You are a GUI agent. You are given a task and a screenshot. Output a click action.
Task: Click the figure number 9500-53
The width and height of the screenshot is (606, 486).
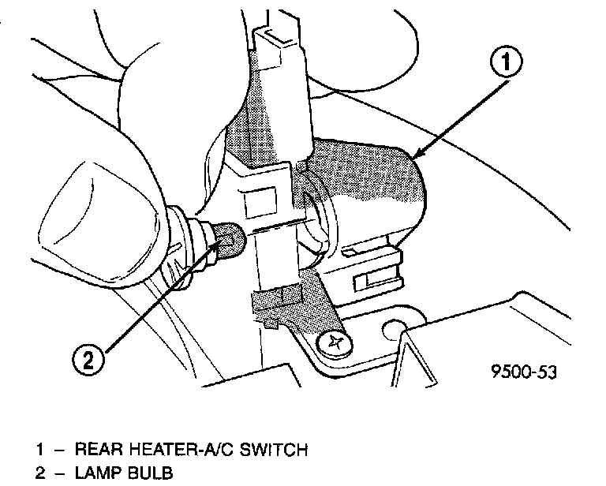(x=522, y=370)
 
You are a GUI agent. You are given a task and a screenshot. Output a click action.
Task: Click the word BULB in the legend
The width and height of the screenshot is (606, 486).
(x=148, y=473)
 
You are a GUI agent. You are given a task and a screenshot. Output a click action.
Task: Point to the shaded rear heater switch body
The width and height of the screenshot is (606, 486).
(x=371, y=189)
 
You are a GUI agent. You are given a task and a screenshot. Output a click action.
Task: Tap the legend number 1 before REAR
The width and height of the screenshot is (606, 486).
(x=39, y=450)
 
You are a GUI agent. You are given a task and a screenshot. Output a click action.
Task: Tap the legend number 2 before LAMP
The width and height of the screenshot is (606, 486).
(x=39, y=473)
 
